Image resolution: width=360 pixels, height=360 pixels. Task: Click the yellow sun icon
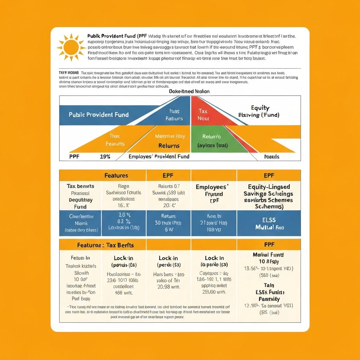pyautogui.click(x=71, y=47)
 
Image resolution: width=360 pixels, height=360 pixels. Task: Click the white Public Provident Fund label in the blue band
pyautogui.click(x=98, y=115)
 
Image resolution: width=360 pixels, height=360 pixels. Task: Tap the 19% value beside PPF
pyautogui.click(x=105, y=156)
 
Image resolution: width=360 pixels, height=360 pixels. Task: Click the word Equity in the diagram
pyautogui.click(x=260, y=108)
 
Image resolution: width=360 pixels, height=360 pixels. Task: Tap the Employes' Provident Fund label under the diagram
pyautogui.click(x=159, y=156)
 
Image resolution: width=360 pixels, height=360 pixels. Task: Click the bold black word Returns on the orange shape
pyautogui.click(x=169, y=146)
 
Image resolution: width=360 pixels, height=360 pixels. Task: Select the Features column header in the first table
pyautogui.click(x=116, y=175)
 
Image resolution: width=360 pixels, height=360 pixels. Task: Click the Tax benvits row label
pyautogui.click(x=80, y=186)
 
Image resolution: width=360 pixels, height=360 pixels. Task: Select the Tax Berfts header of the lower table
pyautogui.click(x=105, y=245)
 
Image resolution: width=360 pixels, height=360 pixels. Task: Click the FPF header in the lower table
pyautogui.click(x=269, y=244)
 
